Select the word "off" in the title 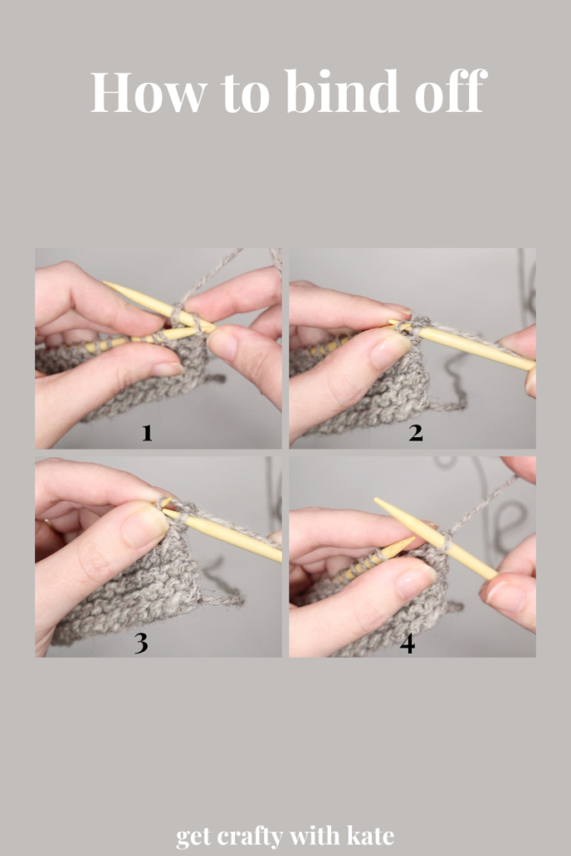tap(451, 90)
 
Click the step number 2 tap(416, 433)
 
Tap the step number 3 tap(140, 643)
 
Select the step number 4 tap(408, 644)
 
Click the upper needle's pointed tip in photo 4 tap(376, 500)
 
